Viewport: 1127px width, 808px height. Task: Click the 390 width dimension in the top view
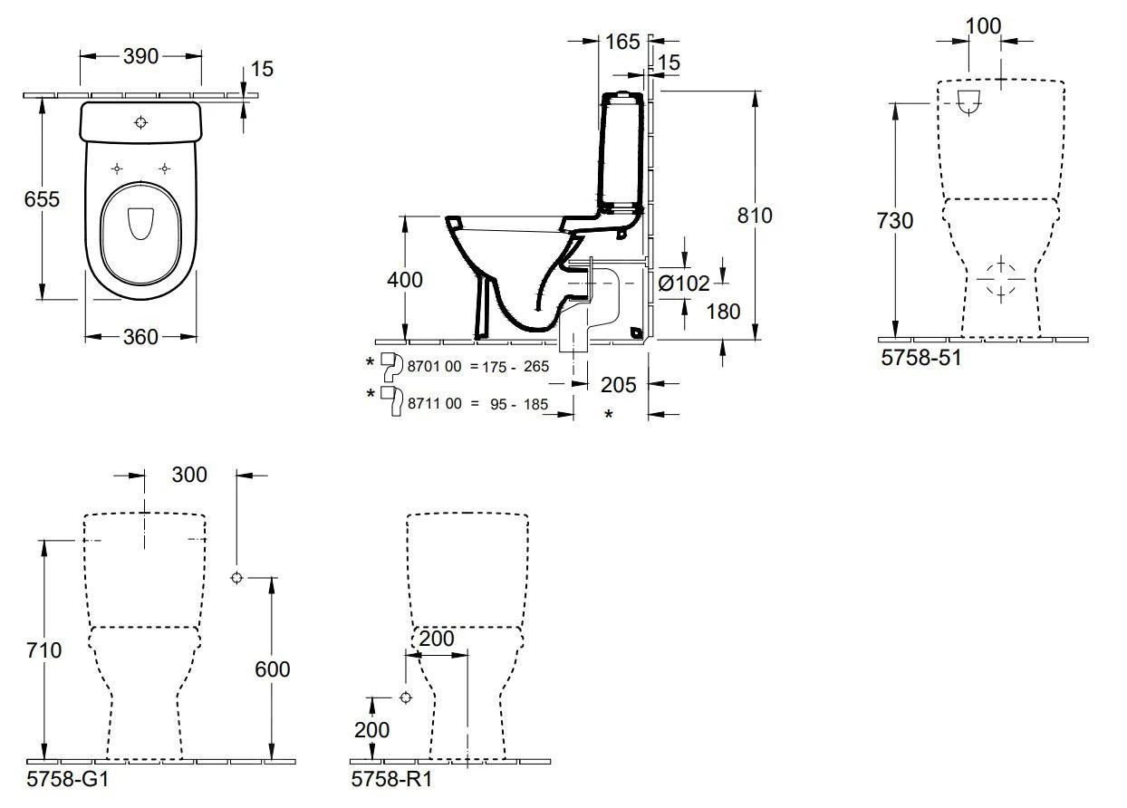140,56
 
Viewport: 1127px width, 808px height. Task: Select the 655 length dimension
42,198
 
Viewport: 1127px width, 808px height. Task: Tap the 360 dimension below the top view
140,337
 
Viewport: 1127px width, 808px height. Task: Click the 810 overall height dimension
754,216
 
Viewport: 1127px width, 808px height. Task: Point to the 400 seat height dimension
404,281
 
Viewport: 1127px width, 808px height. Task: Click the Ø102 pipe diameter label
684,284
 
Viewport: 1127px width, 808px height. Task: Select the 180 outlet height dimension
724,312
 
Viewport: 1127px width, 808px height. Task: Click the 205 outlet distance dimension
618,384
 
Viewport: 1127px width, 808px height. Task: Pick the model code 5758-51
920,358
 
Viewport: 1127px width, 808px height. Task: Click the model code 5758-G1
69,779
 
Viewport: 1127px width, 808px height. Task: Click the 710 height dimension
43,650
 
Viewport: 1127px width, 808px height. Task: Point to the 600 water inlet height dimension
272,669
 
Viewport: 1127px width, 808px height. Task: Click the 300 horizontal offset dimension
188,475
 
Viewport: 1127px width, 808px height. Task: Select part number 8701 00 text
435,366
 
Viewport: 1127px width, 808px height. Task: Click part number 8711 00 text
435,404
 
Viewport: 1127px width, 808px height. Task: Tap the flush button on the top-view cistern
140,122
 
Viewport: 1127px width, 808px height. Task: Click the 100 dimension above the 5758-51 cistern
983,26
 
